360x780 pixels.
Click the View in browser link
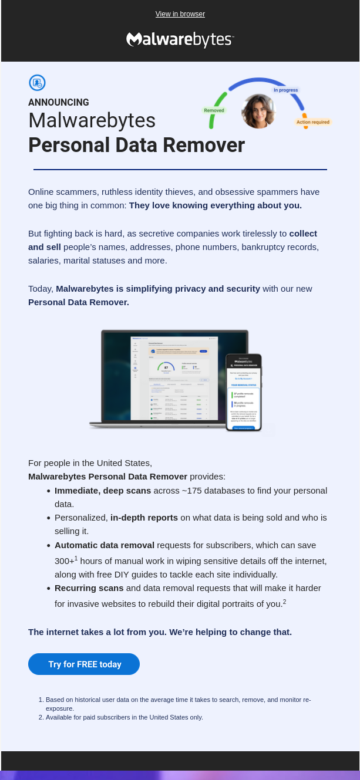(x=180, y=14)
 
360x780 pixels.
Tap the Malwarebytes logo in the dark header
(x=180, y=39)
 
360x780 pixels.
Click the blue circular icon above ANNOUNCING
(x=37, y=83)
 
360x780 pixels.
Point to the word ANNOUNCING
(x=59, y=102)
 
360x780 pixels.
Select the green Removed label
(x=214, y=110)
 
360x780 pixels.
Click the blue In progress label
(x=286, y=90)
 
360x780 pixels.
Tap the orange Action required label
(x=312, y=122)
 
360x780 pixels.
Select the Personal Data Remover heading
(x=136, y=145)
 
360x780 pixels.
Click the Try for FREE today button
(x=84, y=664)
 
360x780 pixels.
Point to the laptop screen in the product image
(x=174, y=376)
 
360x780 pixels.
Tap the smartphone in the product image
(x=243, y=391)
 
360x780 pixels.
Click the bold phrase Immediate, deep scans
(x=103, y=490)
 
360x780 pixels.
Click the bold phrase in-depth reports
(x=144, y=517)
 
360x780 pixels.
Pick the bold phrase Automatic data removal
(x=105, y=545)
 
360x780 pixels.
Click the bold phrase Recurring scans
(x=89, y=587)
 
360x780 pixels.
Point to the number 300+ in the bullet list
(x=64, y=561)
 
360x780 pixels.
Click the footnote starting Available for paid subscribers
(x=124, y=717)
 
